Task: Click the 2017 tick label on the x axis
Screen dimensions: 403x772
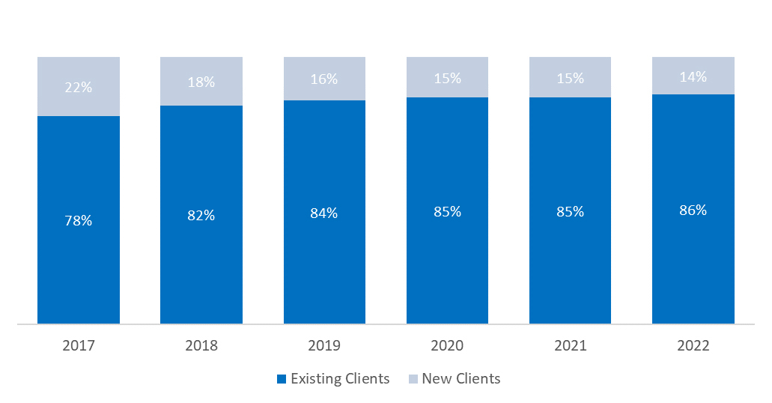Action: (78, 346)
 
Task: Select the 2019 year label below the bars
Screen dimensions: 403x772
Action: (324, 346)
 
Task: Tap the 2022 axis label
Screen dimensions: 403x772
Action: (693, 346)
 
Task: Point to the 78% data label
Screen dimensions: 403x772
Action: (78, 221)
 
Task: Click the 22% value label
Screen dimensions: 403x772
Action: (78, 87)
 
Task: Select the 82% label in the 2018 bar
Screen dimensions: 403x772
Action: (201, 216)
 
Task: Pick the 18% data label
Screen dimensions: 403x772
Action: (201, 82)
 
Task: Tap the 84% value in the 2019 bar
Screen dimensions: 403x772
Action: (324, 213)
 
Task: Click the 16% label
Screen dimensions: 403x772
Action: (324, 79)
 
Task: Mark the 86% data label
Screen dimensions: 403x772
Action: (693, 210)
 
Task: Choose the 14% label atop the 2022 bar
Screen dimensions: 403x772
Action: (693, 76)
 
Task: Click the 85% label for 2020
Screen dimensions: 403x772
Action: (447, 212)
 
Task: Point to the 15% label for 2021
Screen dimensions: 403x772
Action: (570, 77)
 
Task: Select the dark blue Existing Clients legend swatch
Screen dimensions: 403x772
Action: (282, 379)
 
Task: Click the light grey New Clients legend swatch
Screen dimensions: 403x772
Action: (413, 379)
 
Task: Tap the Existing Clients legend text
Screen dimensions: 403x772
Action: (340, 379)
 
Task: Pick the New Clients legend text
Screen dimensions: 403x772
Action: (461, 379)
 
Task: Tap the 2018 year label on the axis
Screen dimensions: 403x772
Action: (201, 346)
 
